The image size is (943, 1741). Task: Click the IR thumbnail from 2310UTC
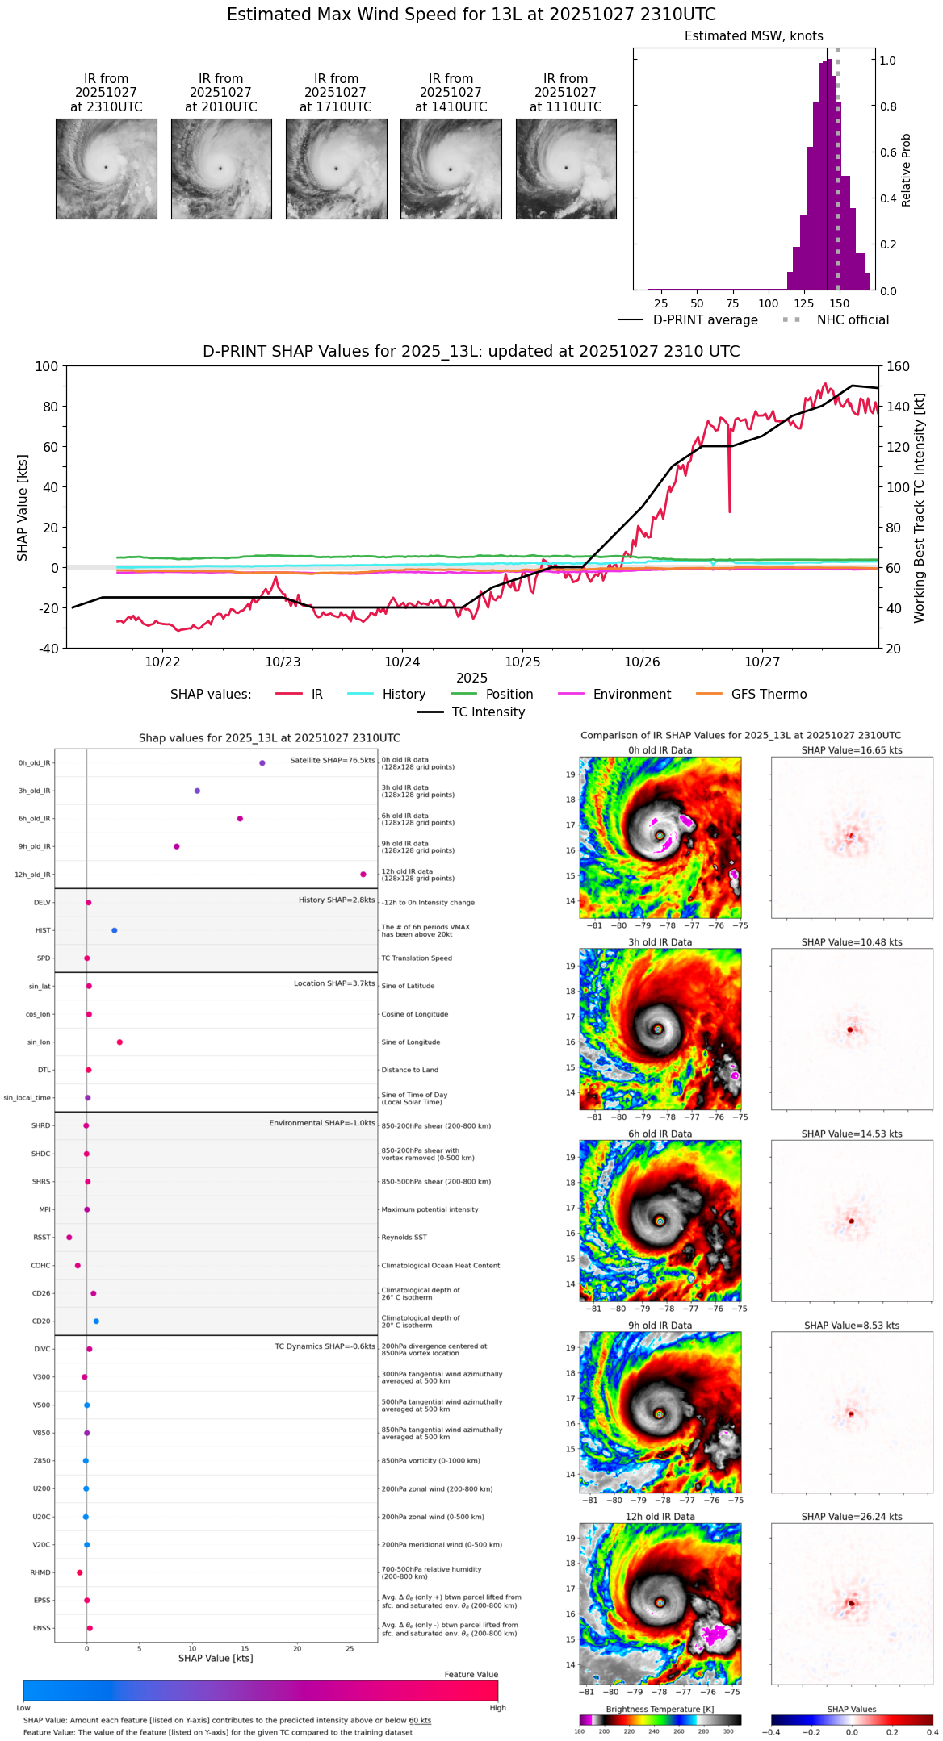pyautogui.click(x=106, y=169)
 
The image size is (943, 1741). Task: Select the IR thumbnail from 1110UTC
pyautogui.click(x=566, y=169)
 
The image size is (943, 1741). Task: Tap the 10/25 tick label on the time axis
pyautogui.click(x=522, y=662)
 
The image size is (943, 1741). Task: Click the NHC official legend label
pyautogui.click(x=853, y=320)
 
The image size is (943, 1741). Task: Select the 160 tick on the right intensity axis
pyautogui.click(x=898, y=367)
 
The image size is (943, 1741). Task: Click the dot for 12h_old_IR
pyautogui.click(x=363, y=875)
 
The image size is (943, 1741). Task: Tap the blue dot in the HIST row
pyautogui.click(x=115, y=931)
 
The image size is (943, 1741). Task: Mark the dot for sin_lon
pyautogui.click(x=119, y=1042)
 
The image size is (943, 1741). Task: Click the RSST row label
pyautogui.click(x=41, y=1238)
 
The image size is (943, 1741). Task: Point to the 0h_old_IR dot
pyautogui.click(x=262, y=763)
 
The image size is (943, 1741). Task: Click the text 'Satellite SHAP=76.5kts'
pyautogui.click(x=333, y=761)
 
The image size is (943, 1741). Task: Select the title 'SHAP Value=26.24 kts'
pyautogui.click(x=852, y=1517)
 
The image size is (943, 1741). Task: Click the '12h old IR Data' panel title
pyautogui.click(x=660, y=1517)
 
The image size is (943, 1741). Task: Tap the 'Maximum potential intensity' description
pyautogui.click(x=430, y=1209)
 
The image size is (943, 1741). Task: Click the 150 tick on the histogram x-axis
pyautogui.click(x=840, y=304)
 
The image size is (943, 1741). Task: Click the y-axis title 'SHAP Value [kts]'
pyautogui.click(x=23, y=507)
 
